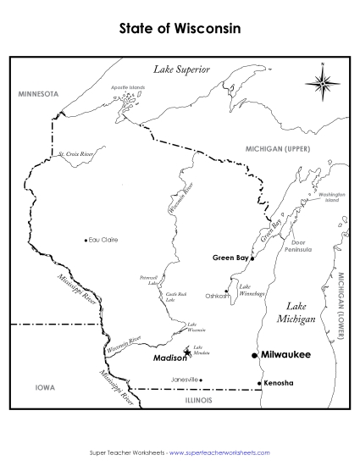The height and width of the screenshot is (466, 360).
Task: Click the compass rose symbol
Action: pyautogui.click(x=323, y=81)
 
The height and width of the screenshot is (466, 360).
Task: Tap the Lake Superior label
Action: pyautogui.click(x=180, y=70)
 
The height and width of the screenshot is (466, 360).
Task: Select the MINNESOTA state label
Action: pyautogui.click(x=37, y=93)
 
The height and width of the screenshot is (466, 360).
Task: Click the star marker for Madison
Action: pyautogui.click(x=188, y=352)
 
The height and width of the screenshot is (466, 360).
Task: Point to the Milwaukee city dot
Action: pyautogui.click(x=254, y=355)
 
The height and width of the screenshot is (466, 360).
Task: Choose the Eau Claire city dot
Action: pyautogui.click(x=86, y=240)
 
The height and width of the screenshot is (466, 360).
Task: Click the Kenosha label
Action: pyautogui.click(x=279, y=383)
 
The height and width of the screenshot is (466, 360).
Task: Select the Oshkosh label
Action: pyautogui.click(x=218, y=296)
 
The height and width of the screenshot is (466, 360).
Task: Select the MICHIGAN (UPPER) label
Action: pyautogui.click(x=279, y=147)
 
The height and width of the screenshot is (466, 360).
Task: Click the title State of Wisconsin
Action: pyautogui.click(x=180, y=28)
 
